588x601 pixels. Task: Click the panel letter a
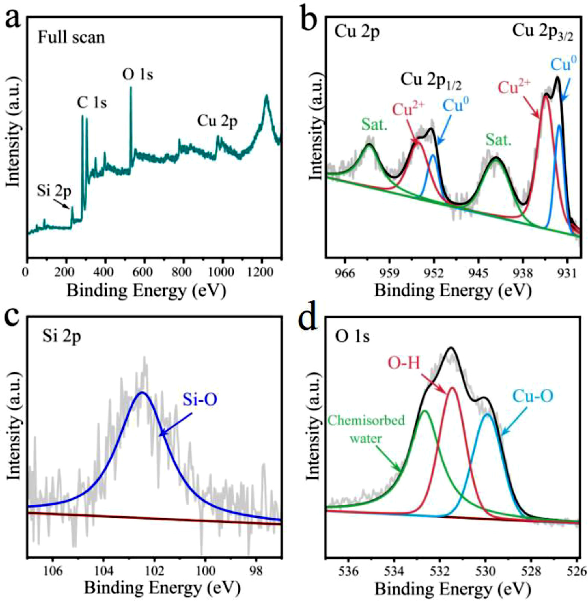13,19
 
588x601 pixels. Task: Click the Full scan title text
71,38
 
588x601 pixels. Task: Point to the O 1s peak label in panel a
137,75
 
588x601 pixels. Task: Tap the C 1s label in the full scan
92,102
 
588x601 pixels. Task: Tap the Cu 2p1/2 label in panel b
431,81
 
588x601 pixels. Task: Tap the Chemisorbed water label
365,429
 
